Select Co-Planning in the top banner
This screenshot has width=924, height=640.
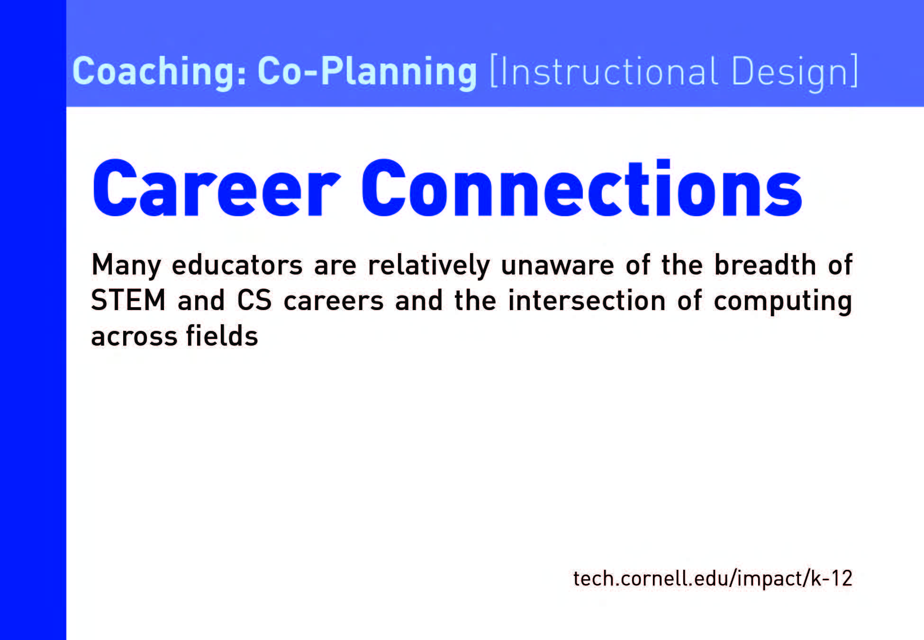(x=367, y=72)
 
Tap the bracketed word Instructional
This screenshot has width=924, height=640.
(x=603, y=72)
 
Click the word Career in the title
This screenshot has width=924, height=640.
(x=217, y=188)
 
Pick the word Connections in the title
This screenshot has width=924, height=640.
(x=582, y=188)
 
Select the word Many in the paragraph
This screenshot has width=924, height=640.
(x=126, y=265)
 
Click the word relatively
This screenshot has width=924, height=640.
(x=429, y=265)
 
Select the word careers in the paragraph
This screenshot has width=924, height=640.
(x=334, y=302)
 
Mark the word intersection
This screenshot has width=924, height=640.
(x=587, y=301)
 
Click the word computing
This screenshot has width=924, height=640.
(x=783, y=302)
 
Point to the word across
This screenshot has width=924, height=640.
(x=134, y=337)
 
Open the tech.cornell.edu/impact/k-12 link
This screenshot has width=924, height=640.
(x=713, y=578)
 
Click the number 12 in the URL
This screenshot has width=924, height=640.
(x=840, y=578)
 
